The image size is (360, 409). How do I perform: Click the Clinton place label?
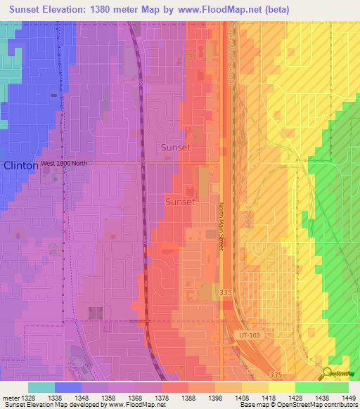[20, 166]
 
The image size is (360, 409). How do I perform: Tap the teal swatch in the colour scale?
[41, 387]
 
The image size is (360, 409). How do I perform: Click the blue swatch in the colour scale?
[68, 387]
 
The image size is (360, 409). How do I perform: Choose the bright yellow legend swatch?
[282, 387]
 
